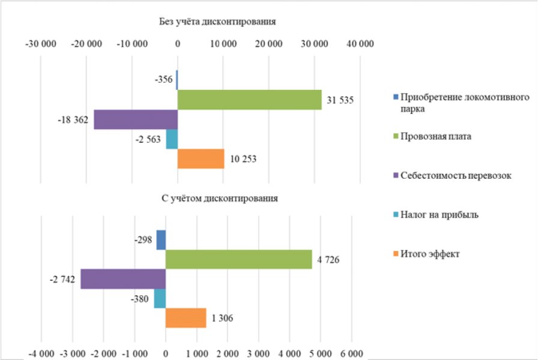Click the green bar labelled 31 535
pos(249,100)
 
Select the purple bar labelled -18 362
pos(136,119)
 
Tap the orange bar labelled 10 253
pos(201,159)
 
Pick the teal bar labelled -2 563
pos(172,139)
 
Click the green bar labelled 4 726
pos(238,259)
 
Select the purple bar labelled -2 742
pos(123,279)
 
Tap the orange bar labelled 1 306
pos(186,318)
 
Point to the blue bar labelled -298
pos(161,240)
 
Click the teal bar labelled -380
pos(160,298)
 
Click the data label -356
pos(163,80)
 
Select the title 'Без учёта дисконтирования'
pos(217,22)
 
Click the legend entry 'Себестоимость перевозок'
pos(456,175)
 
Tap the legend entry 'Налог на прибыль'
pos(440,214)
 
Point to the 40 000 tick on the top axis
pos(360,44)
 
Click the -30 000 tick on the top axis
pos(40,44)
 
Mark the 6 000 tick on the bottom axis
pos(352,353)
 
